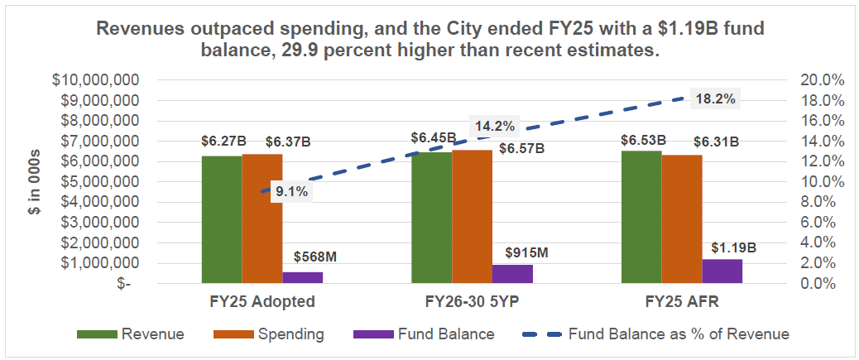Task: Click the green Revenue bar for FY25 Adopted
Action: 222,220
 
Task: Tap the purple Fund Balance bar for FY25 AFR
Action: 722,271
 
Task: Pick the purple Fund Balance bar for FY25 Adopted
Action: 303,278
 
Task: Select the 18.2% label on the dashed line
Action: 715,98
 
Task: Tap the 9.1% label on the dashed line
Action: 291,191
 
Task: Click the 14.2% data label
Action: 495,127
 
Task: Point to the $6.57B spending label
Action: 521,149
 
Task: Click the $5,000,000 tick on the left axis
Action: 97,182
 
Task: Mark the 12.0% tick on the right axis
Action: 823,161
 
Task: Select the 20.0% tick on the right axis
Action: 823,80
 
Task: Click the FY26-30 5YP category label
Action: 473,300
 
